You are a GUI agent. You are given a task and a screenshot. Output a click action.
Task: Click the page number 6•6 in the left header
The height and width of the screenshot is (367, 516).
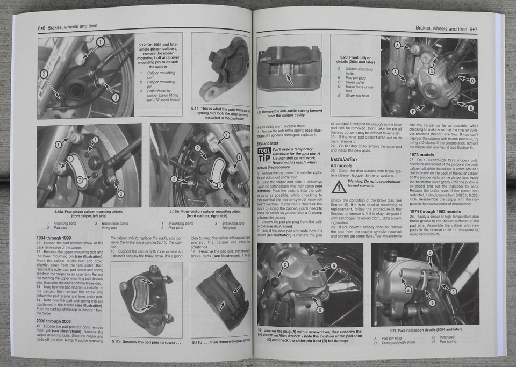pyautogui.click(x=41, y=27)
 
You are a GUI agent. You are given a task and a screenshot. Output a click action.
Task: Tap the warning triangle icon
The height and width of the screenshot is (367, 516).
pyautogui.click(x=339, y=186)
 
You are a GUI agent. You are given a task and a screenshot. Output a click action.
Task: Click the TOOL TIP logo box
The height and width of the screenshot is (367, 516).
pyautogui.click(x=264, y=154)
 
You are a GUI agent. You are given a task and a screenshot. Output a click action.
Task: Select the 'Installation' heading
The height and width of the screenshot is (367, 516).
pyautogui.click(x=343, y=159)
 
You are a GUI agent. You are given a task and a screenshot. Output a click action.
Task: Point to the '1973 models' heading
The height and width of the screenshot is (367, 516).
pyautogui.click(x=422, y=154)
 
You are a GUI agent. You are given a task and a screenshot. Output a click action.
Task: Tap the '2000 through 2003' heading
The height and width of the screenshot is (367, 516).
pyautogui.click(x=53, y=321)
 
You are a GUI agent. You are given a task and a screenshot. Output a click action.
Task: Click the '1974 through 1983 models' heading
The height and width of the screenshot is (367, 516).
pyautogui.click(x=436, y=211)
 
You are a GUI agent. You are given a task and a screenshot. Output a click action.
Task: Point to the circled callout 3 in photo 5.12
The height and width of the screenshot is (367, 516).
pyautogui.click(x=116, y=97)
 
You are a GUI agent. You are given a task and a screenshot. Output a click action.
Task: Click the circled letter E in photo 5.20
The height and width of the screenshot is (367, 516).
pyautogui.click(x=413, y=111)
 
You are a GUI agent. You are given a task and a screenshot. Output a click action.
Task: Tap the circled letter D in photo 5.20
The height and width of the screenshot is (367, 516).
pyautogui.click(x=472, y=81)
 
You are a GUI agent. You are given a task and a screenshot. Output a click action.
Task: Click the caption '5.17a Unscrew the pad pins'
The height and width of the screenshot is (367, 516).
pyautogui.click(x=145, y=341)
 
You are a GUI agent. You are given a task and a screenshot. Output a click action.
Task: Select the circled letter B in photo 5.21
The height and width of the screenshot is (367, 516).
pyautogui.click(x=319, y=310)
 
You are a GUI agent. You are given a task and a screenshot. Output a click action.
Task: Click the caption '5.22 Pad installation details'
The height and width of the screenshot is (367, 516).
pyautogui.click(x=425, y=329)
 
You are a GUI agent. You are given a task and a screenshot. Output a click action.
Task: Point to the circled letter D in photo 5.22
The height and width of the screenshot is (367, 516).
pyautogui.click(x=429, y=253)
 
